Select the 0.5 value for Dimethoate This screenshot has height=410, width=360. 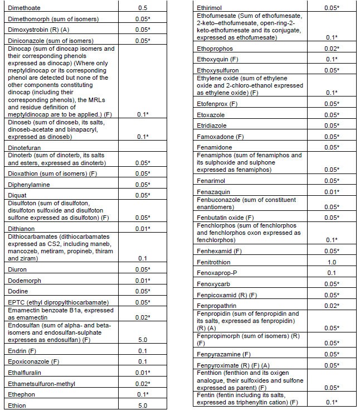pos(142,8)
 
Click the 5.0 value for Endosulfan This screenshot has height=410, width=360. pos(142,340)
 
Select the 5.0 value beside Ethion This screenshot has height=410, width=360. pos(142,406)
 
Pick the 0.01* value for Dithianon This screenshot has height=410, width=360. pos(143,228)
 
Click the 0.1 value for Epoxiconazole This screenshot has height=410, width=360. pos(142,361)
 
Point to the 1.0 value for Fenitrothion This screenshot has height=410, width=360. pos(331,262)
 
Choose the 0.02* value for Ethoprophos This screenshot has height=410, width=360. pos(332,49)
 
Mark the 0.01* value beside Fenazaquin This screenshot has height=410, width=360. pos(332,192)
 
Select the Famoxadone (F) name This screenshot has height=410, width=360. pos(220,136)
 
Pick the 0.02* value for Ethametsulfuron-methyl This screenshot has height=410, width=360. pos(143,384)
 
